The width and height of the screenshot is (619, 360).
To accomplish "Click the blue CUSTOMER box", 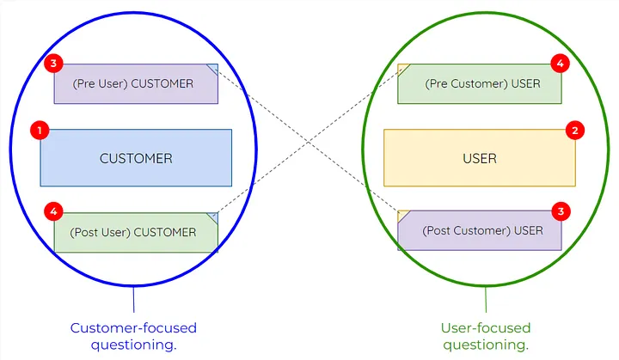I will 136,158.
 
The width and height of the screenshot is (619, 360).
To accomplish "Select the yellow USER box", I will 479,158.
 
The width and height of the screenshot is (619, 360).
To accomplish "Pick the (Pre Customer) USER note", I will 479,83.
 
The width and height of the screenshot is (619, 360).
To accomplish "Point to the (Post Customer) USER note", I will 479,230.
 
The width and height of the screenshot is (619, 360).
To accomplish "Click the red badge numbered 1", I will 39,131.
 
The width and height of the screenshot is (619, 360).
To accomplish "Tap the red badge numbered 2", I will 575,131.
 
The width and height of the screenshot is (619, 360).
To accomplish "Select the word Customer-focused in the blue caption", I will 133,328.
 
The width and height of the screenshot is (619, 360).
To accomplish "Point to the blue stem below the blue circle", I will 133,298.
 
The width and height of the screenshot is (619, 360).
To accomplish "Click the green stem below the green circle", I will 486,299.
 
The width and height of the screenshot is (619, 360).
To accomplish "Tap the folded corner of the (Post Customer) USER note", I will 402,215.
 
